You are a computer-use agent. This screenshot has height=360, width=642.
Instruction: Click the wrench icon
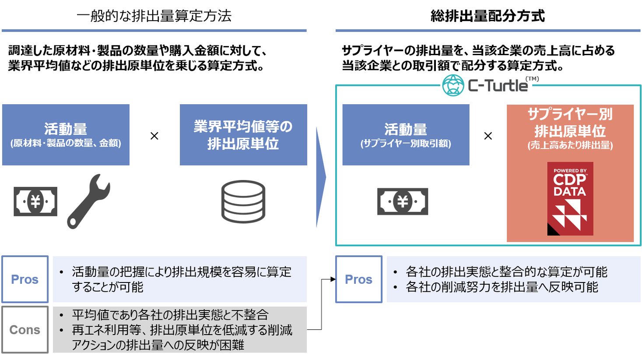[89, 201]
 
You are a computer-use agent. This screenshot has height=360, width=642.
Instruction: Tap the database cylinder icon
[243, 201]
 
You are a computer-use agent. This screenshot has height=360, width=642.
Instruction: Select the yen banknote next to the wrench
[35, 201]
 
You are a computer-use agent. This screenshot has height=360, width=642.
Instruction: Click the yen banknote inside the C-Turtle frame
[403, 201]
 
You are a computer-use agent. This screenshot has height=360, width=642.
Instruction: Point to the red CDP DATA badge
[570, 199]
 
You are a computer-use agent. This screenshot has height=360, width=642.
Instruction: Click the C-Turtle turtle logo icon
[453, 85]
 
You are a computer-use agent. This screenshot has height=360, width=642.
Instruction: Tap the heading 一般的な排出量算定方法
[154, 16]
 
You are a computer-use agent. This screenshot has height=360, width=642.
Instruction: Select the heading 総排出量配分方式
[488, 16]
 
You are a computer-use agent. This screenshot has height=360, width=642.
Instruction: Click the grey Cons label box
[25, 330]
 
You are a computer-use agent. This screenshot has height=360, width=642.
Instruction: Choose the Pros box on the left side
[25, 279]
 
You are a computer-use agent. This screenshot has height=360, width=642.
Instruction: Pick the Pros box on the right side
[359, 279]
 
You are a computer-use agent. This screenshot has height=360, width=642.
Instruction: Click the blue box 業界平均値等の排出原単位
[243, 135]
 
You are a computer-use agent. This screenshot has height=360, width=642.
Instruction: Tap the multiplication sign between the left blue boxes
[154, 136]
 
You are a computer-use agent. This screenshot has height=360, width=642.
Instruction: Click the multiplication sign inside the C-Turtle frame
[488, 136]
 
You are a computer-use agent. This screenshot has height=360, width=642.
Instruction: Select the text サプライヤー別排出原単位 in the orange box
[570, 123]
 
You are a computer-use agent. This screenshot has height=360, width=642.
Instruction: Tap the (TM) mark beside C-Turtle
[532, 79]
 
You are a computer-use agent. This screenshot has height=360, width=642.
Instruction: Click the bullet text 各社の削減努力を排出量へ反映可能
[502, 287]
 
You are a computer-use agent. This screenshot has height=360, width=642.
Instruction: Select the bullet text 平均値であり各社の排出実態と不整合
[170, 314]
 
